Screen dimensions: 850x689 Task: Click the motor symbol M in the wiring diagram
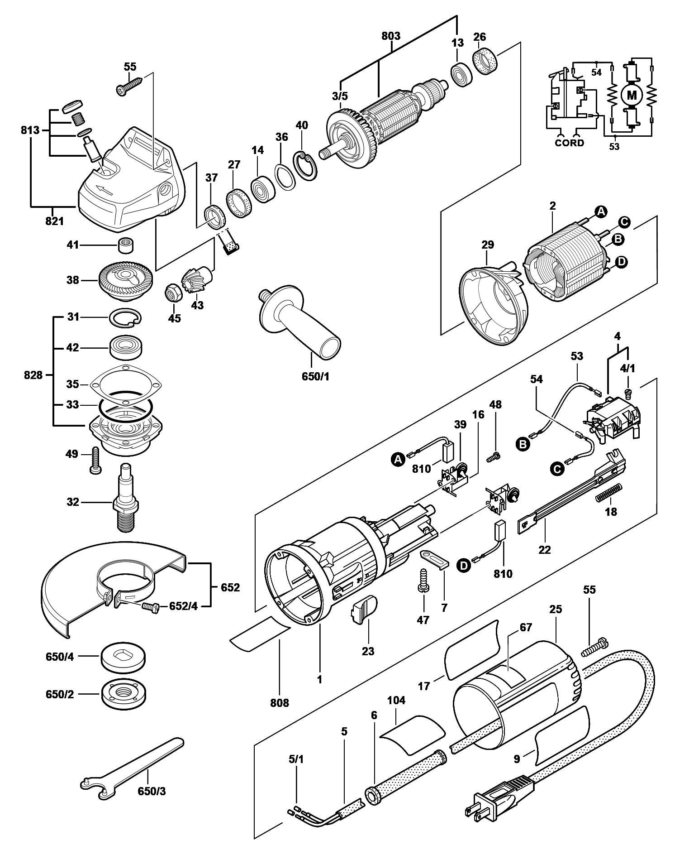[632, 95]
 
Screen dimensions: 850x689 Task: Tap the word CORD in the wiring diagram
[569, 143]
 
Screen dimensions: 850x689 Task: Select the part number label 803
[390, 36]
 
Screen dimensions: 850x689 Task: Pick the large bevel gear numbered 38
[125, 281]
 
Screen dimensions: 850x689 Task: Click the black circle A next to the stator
[601, 211]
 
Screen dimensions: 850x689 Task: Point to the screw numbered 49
[96, 461]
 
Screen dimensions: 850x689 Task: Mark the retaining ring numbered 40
[307, 164]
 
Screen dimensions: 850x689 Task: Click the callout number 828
[33, 375]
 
